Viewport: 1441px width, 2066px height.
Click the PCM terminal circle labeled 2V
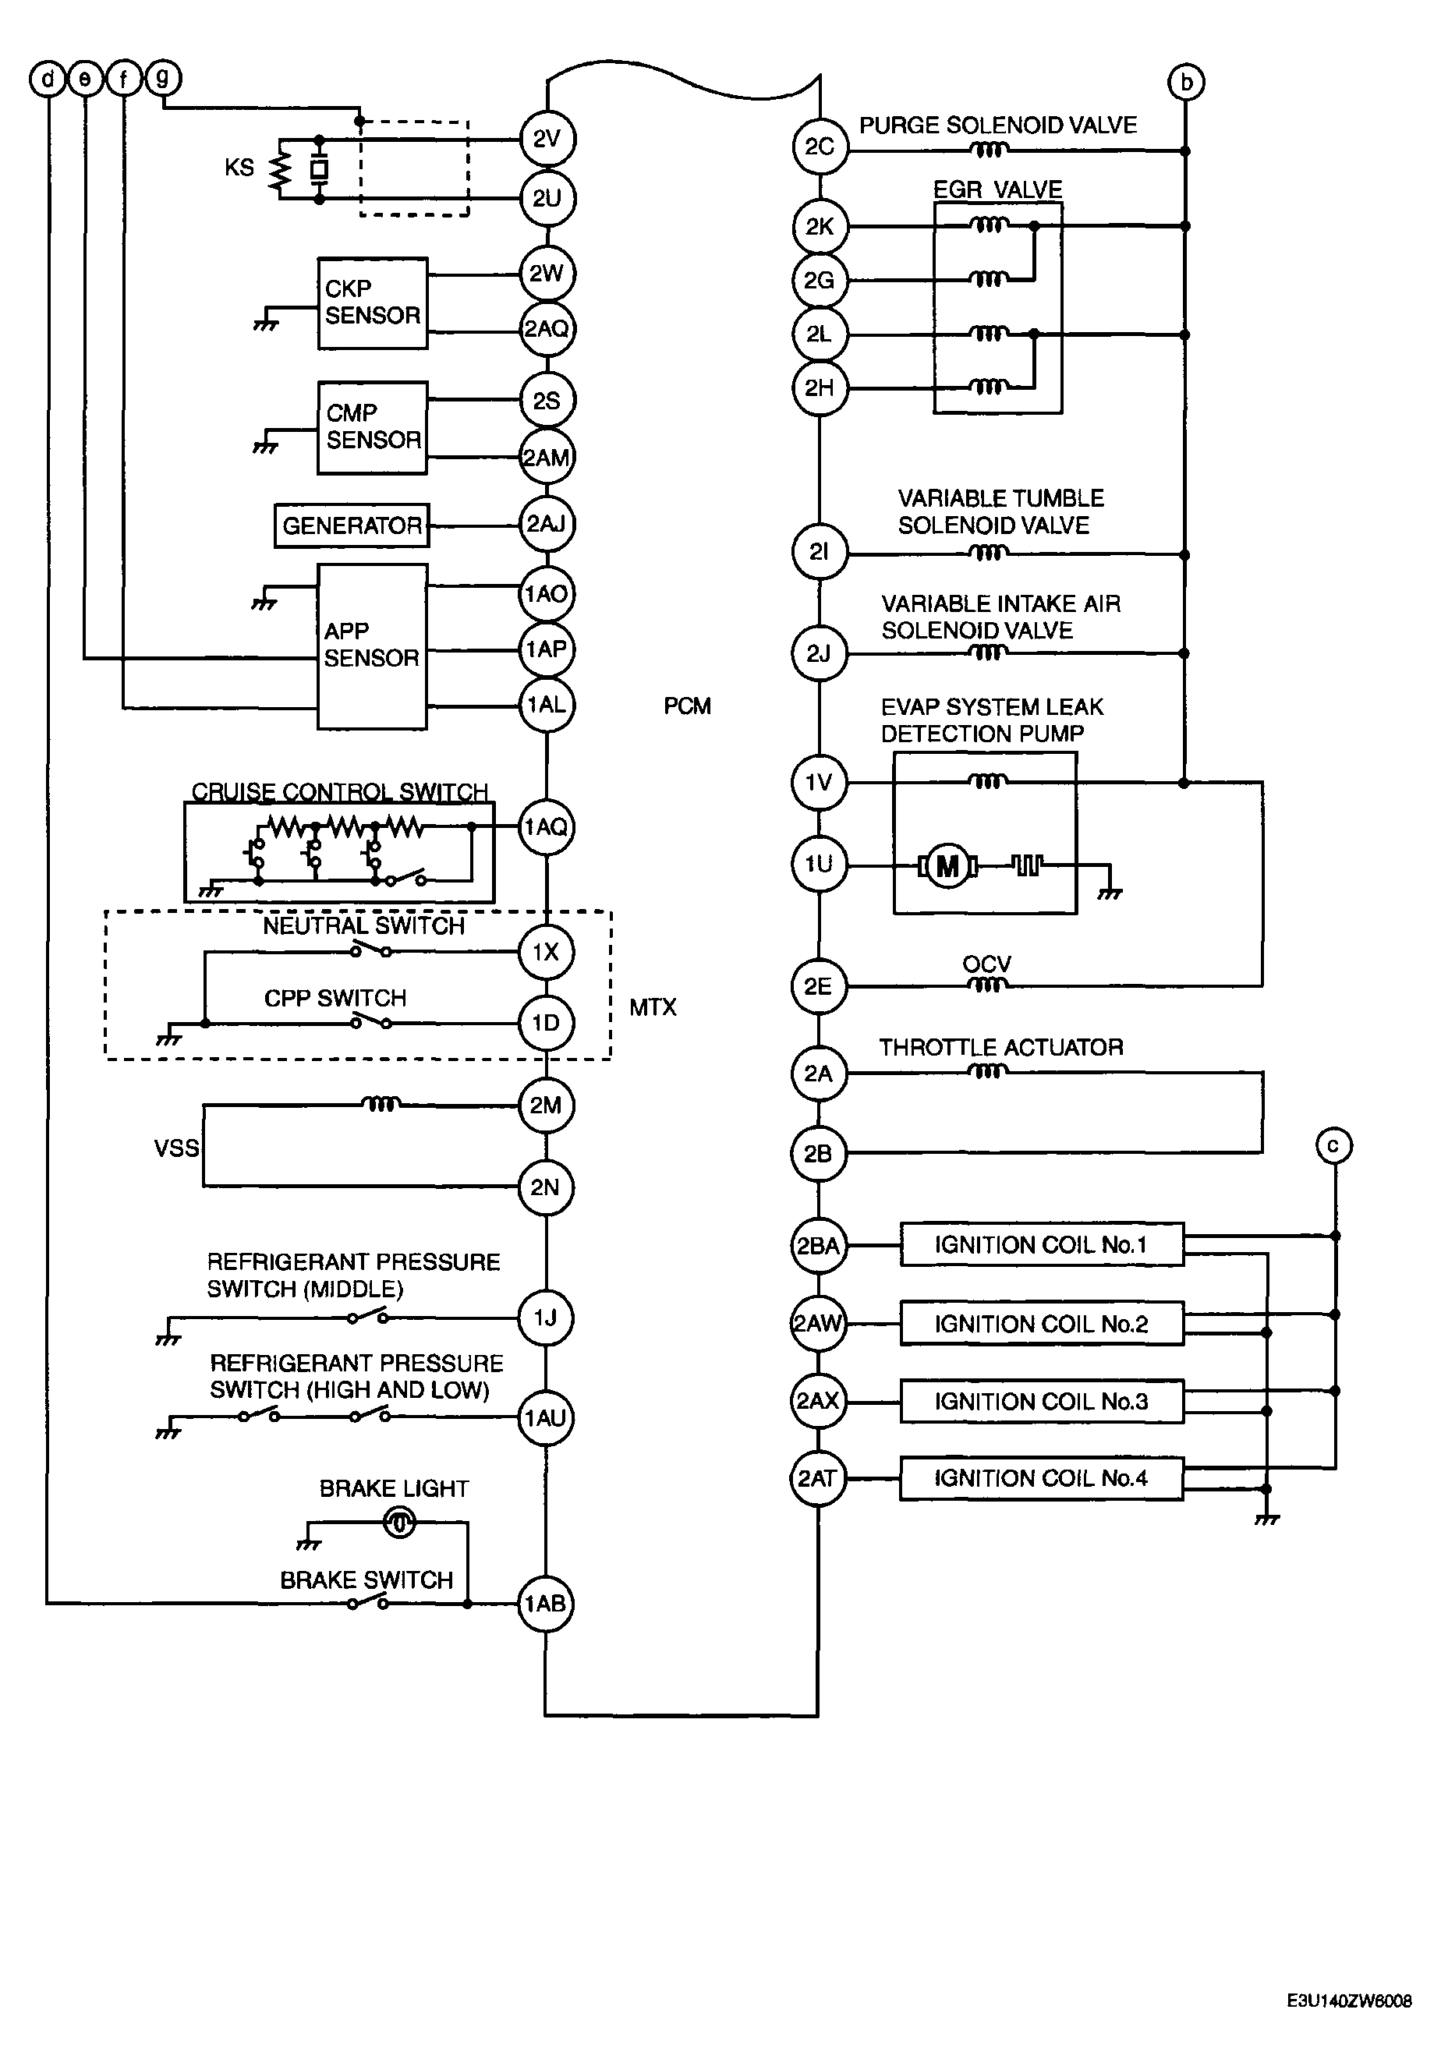(x=547, y=139)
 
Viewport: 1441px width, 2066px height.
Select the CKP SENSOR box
(x=373, y=303)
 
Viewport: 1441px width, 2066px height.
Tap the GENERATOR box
(x=352, y=525)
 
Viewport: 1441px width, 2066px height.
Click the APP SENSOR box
(x=372, y=646)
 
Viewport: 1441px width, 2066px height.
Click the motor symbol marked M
(x=947, y=866)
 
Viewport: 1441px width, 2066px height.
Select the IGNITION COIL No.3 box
(x=1042, y=1401)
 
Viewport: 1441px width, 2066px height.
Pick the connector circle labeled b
(x=1186, y=82)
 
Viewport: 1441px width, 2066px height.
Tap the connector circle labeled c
(x=1334, y=1145)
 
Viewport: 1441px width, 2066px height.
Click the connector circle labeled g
(x=162, y=78)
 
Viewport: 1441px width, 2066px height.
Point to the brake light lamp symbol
(x=398, y=1523)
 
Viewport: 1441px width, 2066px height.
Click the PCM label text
(x=688, y=706)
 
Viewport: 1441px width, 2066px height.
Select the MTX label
(x=653, y=1008)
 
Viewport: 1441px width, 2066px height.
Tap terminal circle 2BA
(x=818, y=1245)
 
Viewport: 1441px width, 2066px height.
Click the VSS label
(x=176, y=1148)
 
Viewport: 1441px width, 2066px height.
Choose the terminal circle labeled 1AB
(x=545, y=1603)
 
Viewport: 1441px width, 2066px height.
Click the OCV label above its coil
(x=987, y=964)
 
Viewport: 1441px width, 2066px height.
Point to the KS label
(x=239, y=168)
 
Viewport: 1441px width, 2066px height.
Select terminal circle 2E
(x=818, y=986)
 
